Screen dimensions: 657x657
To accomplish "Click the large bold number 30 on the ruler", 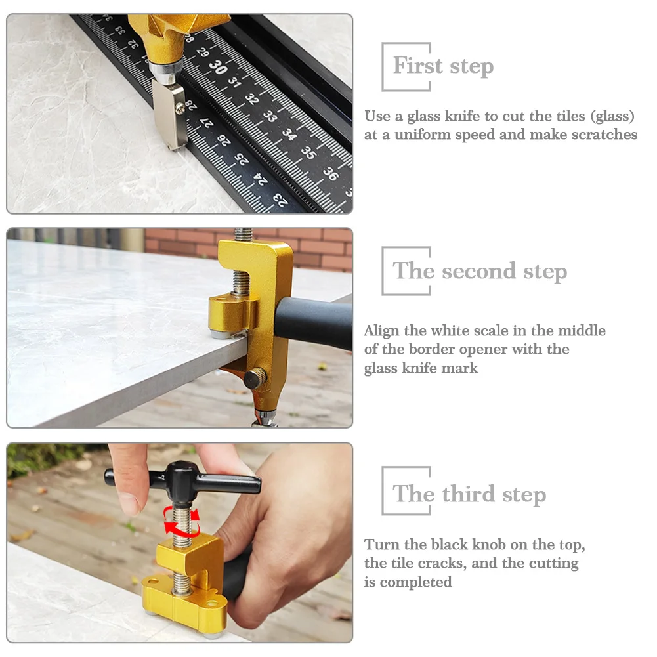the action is pyautogui.click(x=219, y=67).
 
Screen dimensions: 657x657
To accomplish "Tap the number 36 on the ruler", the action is pyautogui.click(x=331, y=173).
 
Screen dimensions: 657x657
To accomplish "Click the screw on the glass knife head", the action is pyautogui.click(x=180, y=108).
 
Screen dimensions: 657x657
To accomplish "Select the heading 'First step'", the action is pyautogui.click(x=443, y=66).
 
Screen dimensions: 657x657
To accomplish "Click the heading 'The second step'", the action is pyautogui.click(x=480, y=270).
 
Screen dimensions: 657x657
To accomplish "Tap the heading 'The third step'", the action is pyautogui.click(x=469, y=494).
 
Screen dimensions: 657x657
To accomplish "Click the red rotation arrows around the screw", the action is pyautogui.click(x=180, y=522).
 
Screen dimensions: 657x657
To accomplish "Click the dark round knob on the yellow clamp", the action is pyautogui.click(x=255, y=377).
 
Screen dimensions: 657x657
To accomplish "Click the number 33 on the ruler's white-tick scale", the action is pyautogui.click(x=270, y=116).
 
